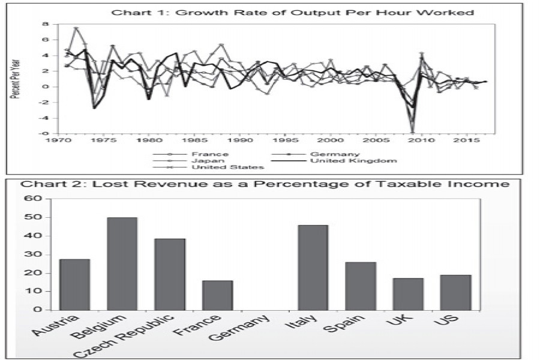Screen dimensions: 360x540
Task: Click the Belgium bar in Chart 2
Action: pos(122,264)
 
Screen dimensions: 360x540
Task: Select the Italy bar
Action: pos(313,268)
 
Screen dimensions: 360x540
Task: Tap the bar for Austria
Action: pos(74,284)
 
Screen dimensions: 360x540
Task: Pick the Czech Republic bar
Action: pos(170,274)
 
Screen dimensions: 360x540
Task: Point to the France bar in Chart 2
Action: pos(217,295)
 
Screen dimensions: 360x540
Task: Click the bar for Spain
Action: pos(361,286)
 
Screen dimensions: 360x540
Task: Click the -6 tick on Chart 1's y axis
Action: pos(44,133)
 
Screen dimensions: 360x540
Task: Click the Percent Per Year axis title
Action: pos(19,78)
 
